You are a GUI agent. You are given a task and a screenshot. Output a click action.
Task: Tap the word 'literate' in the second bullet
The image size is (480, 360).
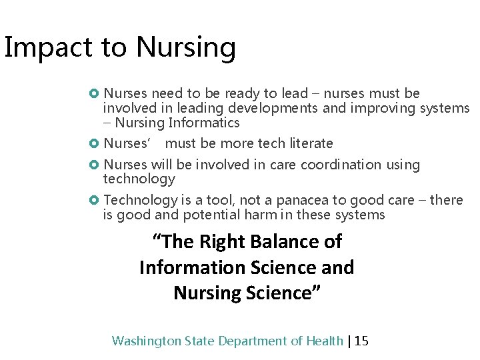[x=308, y=143]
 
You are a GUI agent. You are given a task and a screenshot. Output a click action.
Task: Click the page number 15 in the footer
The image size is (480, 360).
[x=361, y=341]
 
